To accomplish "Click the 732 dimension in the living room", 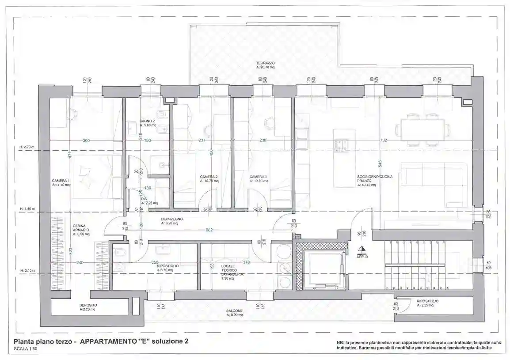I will coord(384,140).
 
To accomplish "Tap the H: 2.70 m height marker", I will coord(27,147).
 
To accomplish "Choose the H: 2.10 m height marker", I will coord(27,270).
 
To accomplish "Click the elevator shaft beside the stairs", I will coord(324,267).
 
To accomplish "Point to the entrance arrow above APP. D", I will coord(362,249).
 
